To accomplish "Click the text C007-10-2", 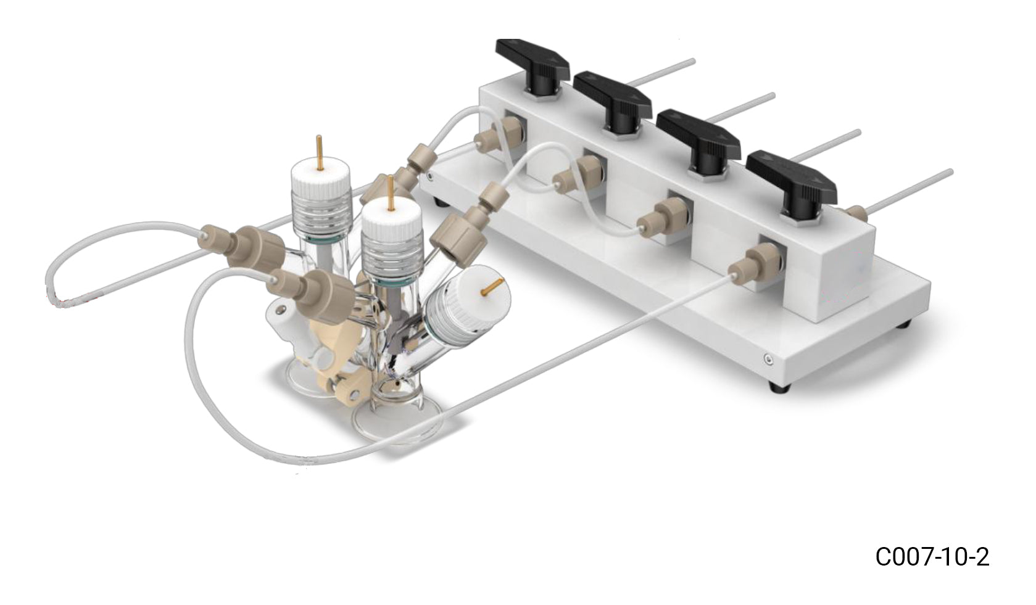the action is [932, 557].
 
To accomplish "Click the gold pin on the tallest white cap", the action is [318, 152].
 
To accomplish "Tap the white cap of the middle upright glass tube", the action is [391, 225].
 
